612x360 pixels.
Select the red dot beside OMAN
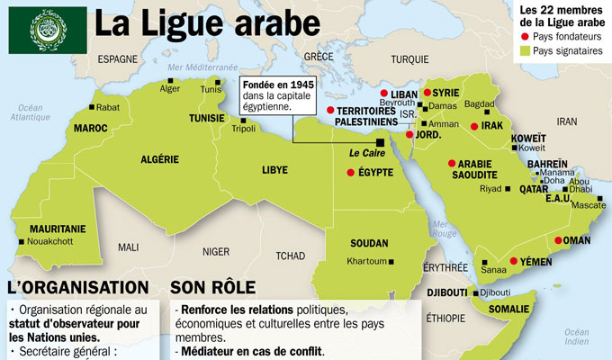(559, 240)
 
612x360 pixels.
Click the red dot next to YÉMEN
(514, 261)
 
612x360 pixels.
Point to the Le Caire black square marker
(381, 141)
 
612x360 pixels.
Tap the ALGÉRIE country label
(160, 159)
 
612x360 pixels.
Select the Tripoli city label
(244, 128)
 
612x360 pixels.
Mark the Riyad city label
(490, 189)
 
